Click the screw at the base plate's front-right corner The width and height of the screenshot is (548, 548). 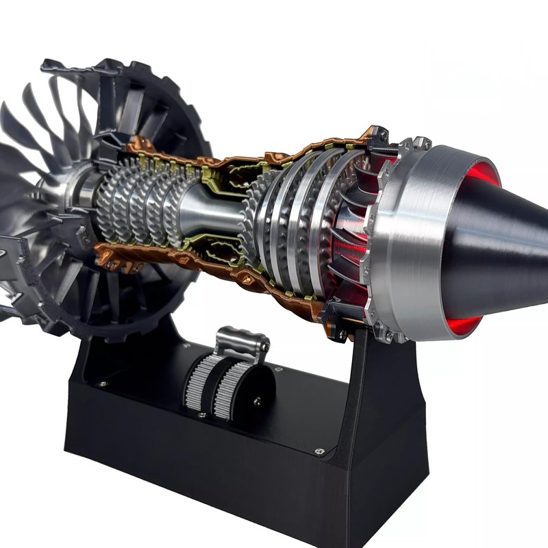[319, 451]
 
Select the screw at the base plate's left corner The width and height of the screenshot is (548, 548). [102, 384]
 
